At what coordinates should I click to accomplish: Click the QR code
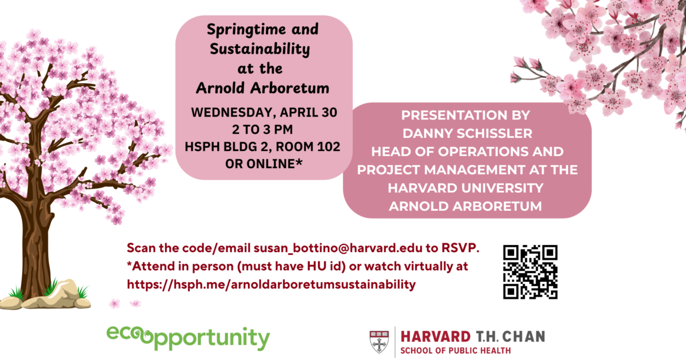(530, 272)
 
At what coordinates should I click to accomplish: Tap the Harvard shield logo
(378, 341)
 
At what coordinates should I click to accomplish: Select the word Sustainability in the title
(260, 49)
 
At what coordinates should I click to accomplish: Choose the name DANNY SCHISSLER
(466, 133)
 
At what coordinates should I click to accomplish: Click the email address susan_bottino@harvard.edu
(337, 249)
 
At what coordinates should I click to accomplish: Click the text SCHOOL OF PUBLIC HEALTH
(456, 350)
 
